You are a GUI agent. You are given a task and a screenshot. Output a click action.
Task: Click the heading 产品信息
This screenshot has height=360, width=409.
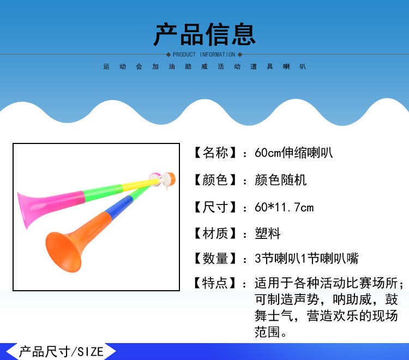(x=204, y=34)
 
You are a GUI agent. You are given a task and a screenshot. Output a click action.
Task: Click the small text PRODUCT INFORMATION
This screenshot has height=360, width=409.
(x=204, y=55)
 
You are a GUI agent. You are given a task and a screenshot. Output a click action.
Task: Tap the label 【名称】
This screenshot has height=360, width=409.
(x=215, y=153)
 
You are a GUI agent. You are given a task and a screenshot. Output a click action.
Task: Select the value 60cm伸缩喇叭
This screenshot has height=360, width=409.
(x=293, y=153)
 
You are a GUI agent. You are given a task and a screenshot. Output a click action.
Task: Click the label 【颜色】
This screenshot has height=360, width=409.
(x=215, y=180)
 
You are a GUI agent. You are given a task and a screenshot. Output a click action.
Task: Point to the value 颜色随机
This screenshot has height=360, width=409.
(x=280, y=180)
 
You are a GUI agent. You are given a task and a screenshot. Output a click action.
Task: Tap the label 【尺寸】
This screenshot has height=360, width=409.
(x=215, y=207)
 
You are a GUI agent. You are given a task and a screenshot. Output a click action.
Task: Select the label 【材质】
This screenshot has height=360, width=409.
(x=215, y=234)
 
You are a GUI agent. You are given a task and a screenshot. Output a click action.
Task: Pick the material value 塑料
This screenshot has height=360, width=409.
(x=267, y=234)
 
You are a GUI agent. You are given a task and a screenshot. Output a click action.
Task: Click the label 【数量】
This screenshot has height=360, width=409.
(x=215, y=259)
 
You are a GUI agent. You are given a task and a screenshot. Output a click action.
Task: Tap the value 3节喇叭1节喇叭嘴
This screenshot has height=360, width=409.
(x=306, y=259)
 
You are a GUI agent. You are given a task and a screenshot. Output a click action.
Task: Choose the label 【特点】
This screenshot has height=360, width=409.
(x=215, y=283)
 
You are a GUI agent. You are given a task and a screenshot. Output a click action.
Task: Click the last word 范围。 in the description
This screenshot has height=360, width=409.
(x=271, y=332)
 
